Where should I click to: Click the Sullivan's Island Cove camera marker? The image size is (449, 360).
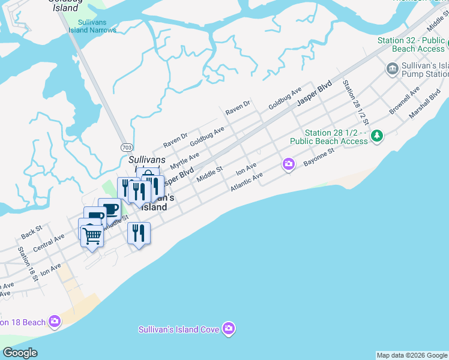(x=228, y=329)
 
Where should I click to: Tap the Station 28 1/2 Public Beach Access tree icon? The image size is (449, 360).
(x=377, y=136)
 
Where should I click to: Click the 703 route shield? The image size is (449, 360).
(x=126, y=147)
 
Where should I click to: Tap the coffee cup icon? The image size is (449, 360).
(x=110, y=209)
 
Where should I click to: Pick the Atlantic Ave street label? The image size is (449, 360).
(x=246, y=182)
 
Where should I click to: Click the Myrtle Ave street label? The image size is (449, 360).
(x=184, y=160)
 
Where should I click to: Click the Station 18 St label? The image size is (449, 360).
(x=28, y=264)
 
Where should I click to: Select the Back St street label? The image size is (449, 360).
(x=31, y=229)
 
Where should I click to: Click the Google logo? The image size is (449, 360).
(x=20, y=353)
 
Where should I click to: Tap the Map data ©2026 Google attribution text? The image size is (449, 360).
(x=412, y=355)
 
